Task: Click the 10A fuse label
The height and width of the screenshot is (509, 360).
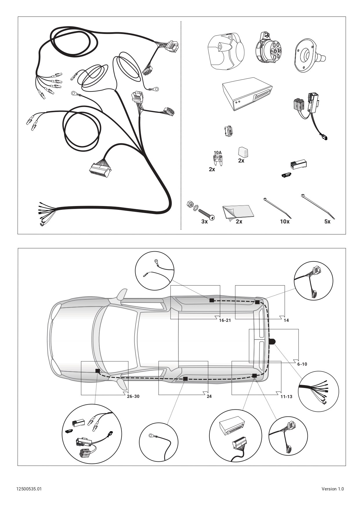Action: pyautogui.click(x=218, y=152)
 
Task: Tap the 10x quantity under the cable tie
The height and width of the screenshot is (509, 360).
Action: pyautogui.click(x=285, y=221)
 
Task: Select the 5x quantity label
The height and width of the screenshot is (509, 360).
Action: pyautogui.click(x=327, y=221)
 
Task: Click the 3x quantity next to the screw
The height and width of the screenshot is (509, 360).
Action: pyautogui.click(x=205, y=221)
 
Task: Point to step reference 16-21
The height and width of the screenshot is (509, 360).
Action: pyautogui.click(x=225, y=320)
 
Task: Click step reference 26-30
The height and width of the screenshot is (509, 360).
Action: pyautogui.click(x=133, y=396)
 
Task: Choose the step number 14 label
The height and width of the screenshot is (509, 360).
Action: pyautogui.click(x=286, y=320)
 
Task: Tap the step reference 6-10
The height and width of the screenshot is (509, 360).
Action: pyautogui.click(x=302, y=364)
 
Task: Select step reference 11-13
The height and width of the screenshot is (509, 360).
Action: pyautogui.click(x=286, y=396)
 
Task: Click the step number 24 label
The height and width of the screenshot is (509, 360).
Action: pyautogui.click(x=209, y=396)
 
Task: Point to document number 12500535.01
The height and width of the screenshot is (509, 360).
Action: pyautogui.click(x=29, y=489)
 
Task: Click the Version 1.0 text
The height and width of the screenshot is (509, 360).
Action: pyautogui.click(x=333, y=489)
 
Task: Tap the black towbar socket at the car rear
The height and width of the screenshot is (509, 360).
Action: pyautogui.click(x=272, y=342)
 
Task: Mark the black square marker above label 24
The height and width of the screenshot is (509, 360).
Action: pyautogui.click(x=185, y=379)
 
